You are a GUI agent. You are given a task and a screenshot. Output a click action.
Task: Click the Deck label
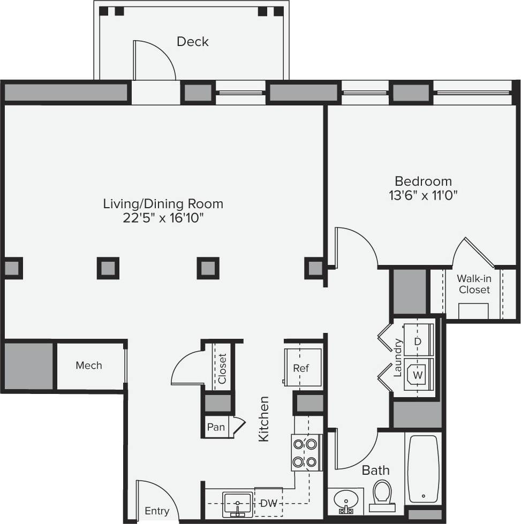pos(192,42)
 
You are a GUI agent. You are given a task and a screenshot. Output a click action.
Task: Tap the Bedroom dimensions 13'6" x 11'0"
pos(423,195)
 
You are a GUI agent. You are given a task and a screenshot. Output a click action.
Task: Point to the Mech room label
pos(89,366)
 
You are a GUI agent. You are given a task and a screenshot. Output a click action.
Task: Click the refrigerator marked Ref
pos(301,367)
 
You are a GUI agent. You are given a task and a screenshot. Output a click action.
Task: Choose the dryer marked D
pos(418,341)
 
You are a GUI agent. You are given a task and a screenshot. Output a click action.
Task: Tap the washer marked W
pos(418,375)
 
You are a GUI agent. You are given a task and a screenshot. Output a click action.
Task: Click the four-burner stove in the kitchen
pos(306,452)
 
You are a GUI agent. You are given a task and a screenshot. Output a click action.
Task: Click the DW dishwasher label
pos(268,503)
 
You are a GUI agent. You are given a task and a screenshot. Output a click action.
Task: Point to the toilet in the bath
pos(382,495)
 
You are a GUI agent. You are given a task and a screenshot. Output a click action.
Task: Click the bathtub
pos(423,469)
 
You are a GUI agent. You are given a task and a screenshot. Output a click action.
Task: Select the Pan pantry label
pos(215,427)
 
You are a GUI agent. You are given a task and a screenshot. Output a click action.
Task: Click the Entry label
pos(157,511)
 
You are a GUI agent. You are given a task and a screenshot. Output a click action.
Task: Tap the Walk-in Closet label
pos(474,284)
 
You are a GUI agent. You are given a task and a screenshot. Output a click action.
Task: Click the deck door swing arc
pos(155,59)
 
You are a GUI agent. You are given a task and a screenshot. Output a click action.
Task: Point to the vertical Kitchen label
pos(263,419)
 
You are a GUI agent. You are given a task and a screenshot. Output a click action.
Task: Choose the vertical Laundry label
pos(397,358)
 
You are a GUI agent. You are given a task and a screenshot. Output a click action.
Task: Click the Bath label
pos(376,470)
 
